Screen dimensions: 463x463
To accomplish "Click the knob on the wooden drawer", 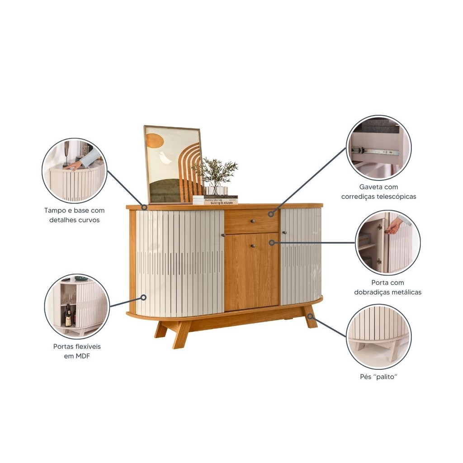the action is tap(252, 221).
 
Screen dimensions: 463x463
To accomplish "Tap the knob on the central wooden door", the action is tap(253, 246).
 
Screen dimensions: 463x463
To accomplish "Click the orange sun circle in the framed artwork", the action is tap(155, 141).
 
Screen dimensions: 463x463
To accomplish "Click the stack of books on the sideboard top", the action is tap(215, 200).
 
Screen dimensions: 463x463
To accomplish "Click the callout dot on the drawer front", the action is tap(271, 214).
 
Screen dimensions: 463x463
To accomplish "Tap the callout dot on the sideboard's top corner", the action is tap(144, 207).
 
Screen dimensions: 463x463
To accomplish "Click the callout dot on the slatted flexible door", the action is tap(143, 298).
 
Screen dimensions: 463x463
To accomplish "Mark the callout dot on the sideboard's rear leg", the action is tap(310, 317).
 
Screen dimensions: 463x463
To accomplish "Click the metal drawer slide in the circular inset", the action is tap(375, 152).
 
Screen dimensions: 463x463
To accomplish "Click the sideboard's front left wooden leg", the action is tap(180, 335).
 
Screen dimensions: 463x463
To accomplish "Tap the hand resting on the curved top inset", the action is tap(73, 165).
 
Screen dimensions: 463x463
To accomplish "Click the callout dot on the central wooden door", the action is tap(272, 243).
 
